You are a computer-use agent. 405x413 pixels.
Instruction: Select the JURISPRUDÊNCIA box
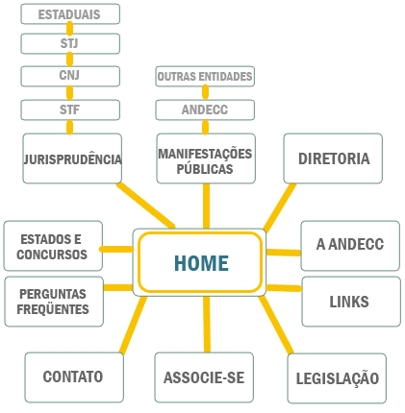[x=72, y=158]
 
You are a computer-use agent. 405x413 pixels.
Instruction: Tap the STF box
[x=70, y=109]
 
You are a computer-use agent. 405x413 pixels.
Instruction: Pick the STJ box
[x=70, y=44]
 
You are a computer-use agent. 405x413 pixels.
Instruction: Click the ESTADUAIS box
[x=70, y=14]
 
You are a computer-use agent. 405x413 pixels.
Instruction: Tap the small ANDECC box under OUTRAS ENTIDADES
[x=205, y=109]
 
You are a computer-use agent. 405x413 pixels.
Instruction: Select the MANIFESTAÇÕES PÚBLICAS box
[x=206, y=159]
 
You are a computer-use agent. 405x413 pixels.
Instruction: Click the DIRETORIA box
[x=334, y=158]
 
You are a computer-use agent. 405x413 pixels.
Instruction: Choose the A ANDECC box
[x=349, y=245]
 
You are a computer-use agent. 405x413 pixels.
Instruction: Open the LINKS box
[x=349, y=302]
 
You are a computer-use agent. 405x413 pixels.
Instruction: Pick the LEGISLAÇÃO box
[x=338, y=378]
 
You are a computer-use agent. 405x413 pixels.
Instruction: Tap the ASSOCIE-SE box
[x=204, y=377]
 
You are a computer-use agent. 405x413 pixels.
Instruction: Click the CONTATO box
[x=72, y=377]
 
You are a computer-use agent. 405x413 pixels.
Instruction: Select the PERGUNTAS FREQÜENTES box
[x=52, y=302]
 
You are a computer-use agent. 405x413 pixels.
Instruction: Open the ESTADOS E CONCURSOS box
[x=52, y=246]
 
